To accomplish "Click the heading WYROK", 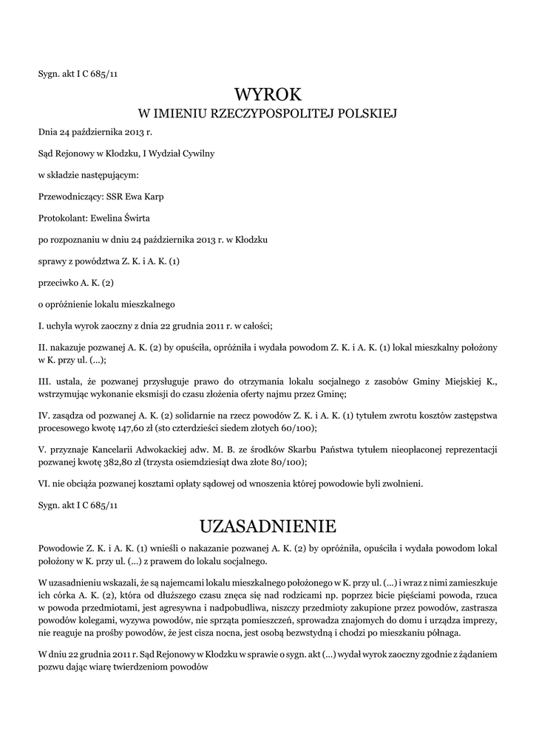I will point(268,94).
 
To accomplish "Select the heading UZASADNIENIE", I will point(268,526).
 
